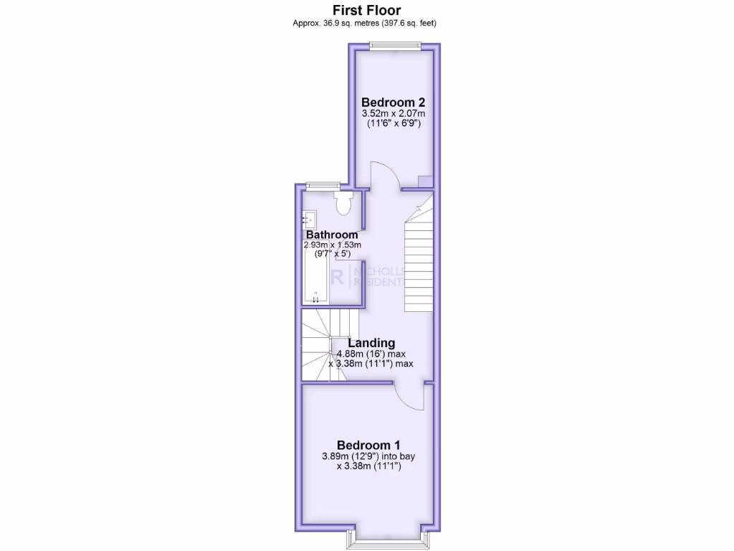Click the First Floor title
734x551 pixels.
point(366,10)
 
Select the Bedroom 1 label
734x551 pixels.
point(368,443)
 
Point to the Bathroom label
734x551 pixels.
point(332,235)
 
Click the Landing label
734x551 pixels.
point(371,343)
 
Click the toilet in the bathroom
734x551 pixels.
point(344,203)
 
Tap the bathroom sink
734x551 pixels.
point(310,218)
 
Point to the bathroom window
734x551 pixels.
point(321,187)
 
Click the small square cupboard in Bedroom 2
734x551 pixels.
point(426,182)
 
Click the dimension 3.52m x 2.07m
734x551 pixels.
point(393,113)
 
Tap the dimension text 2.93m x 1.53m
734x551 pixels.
point(333,245)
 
